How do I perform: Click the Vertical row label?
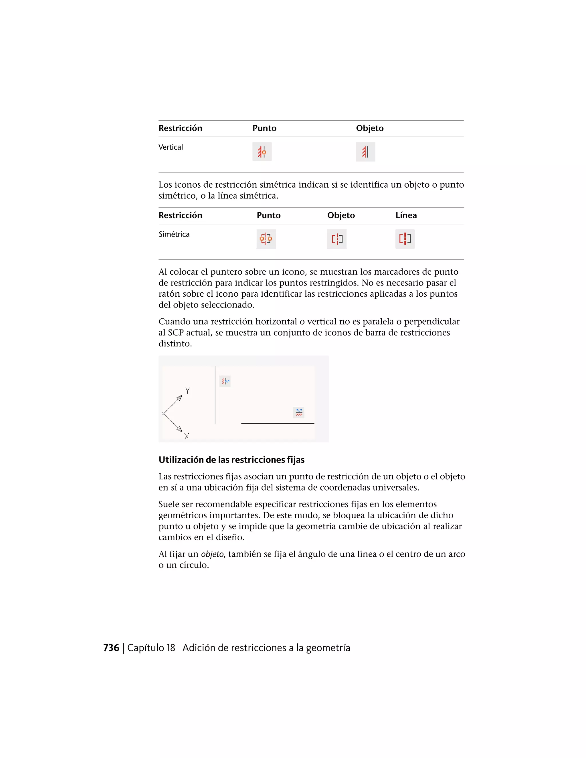tap(171, 147)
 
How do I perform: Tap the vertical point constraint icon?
tap(262, 152)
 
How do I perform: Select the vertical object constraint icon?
tap(365, 152)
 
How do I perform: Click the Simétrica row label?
tap(174, 234)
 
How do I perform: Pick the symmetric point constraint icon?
tap(266, 239)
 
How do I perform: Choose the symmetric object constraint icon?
tap(337, 239)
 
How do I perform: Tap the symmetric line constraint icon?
tap(405, 239)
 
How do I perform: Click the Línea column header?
tap(406, 215)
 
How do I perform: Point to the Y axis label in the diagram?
tap(187, 391)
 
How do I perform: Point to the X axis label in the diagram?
tap(187, 436)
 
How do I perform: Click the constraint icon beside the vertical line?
tap(225, 381)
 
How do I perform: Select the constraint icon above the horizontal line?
tap(298, 412)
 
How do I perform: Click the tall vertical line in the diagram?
tap(215, 396)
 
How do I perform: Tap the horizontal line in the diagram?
tap(278, 423)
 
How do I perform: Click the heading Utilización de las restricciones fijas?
tap(231, 460)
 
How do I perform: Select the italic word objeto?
tap(212, 554)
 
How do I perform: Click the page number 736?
tap(111, 648)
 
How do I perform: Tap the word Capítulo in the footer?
tap(146, 648)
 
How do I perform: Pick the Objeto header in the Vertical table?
tap(370, 128)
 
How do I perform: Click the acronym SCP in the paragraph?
tap(177, 332)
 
